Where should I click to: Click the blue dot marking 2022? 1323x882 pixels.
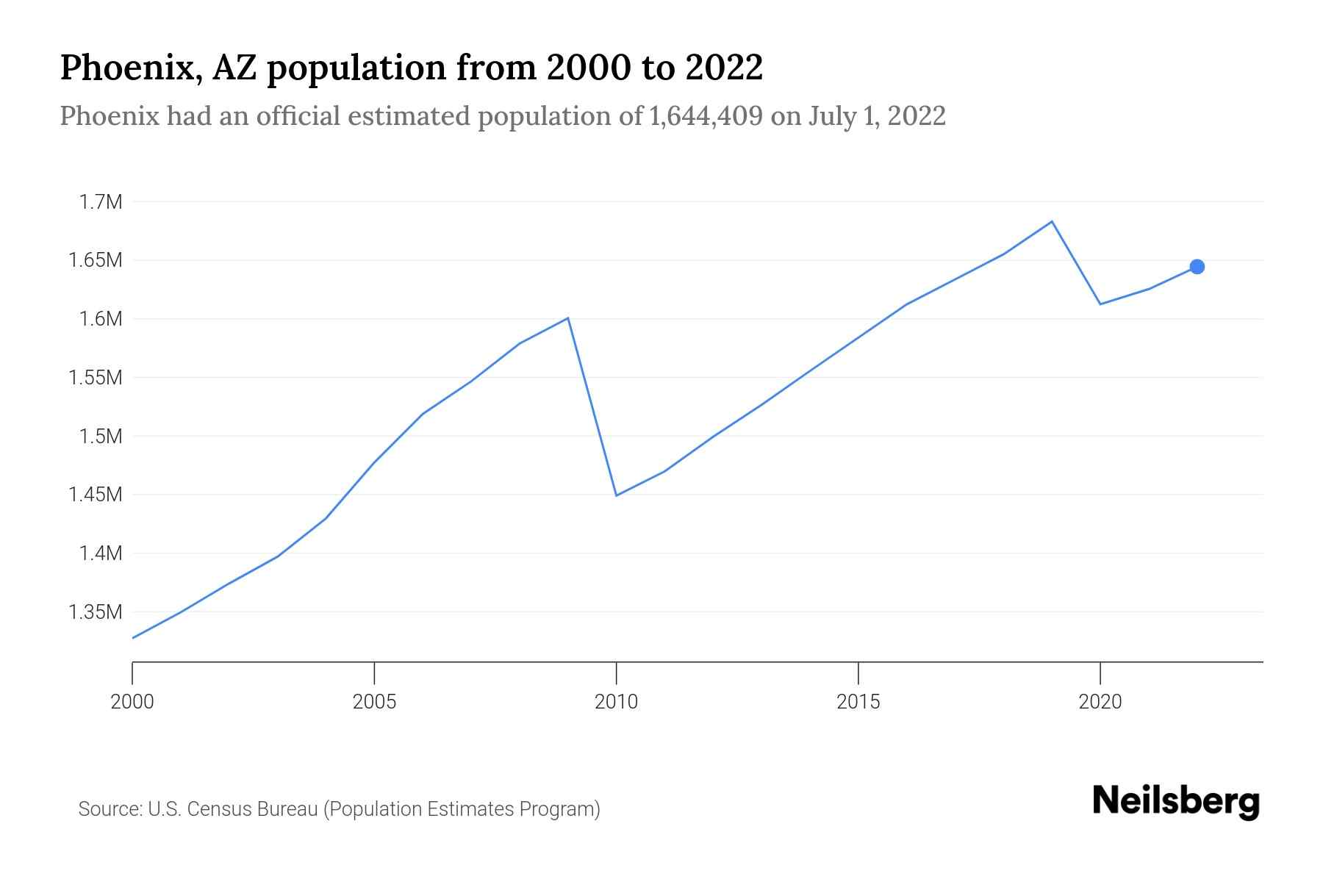pos(1197,267)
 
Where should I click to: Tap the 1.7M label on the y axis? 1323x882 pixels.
pos(100,202)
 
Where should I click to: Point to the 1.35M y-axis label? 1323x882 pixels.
pos(95,612)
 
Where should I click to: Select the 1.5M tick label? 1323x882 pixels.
pos(100,437)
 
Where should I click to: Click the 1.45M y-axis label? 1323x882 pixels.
pos(95,495)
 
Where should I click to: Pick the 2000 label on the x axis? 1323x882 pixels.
pos(132,702)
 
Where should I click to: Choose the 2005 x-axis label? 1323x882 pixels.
pos(374,702)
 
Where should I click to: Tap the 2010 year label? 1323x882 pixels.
pos(616,702)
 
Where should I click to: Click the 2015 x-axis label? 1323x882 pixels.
pos(858,702)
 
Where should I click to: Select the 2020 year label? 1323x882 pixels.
pos(1100,702)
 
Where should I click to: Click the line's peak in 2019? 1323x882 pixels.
pos(1052,221)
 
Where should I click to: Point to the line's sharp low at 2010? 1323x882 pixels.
pos(616,495)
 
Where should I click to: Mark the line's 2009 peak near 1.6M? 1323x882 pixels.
pos(568,318)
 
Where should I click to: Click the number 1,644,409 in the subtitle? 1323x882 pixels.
pos(706,116)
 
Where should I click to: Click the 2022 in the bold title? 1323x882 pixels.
pos(724,68)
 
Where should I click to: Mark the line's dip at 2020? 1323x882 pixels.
pos(1100,304)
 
